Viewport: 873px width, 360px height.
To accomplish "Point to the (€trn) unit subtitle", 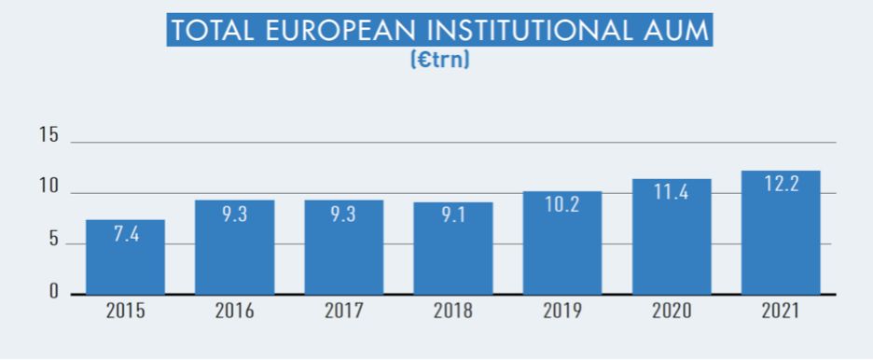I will tap(438, 61).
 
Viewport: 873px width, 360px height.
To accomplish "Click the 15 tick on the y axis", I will tap(48, 136).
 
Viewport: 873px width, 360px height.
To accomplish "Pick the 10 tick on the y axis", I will tap(48, 187).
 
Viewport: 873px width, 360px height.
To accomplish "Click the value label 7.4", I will tap(126, 235).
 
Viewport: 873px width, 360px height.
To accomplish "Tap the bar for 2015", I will tap(126, 266).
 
